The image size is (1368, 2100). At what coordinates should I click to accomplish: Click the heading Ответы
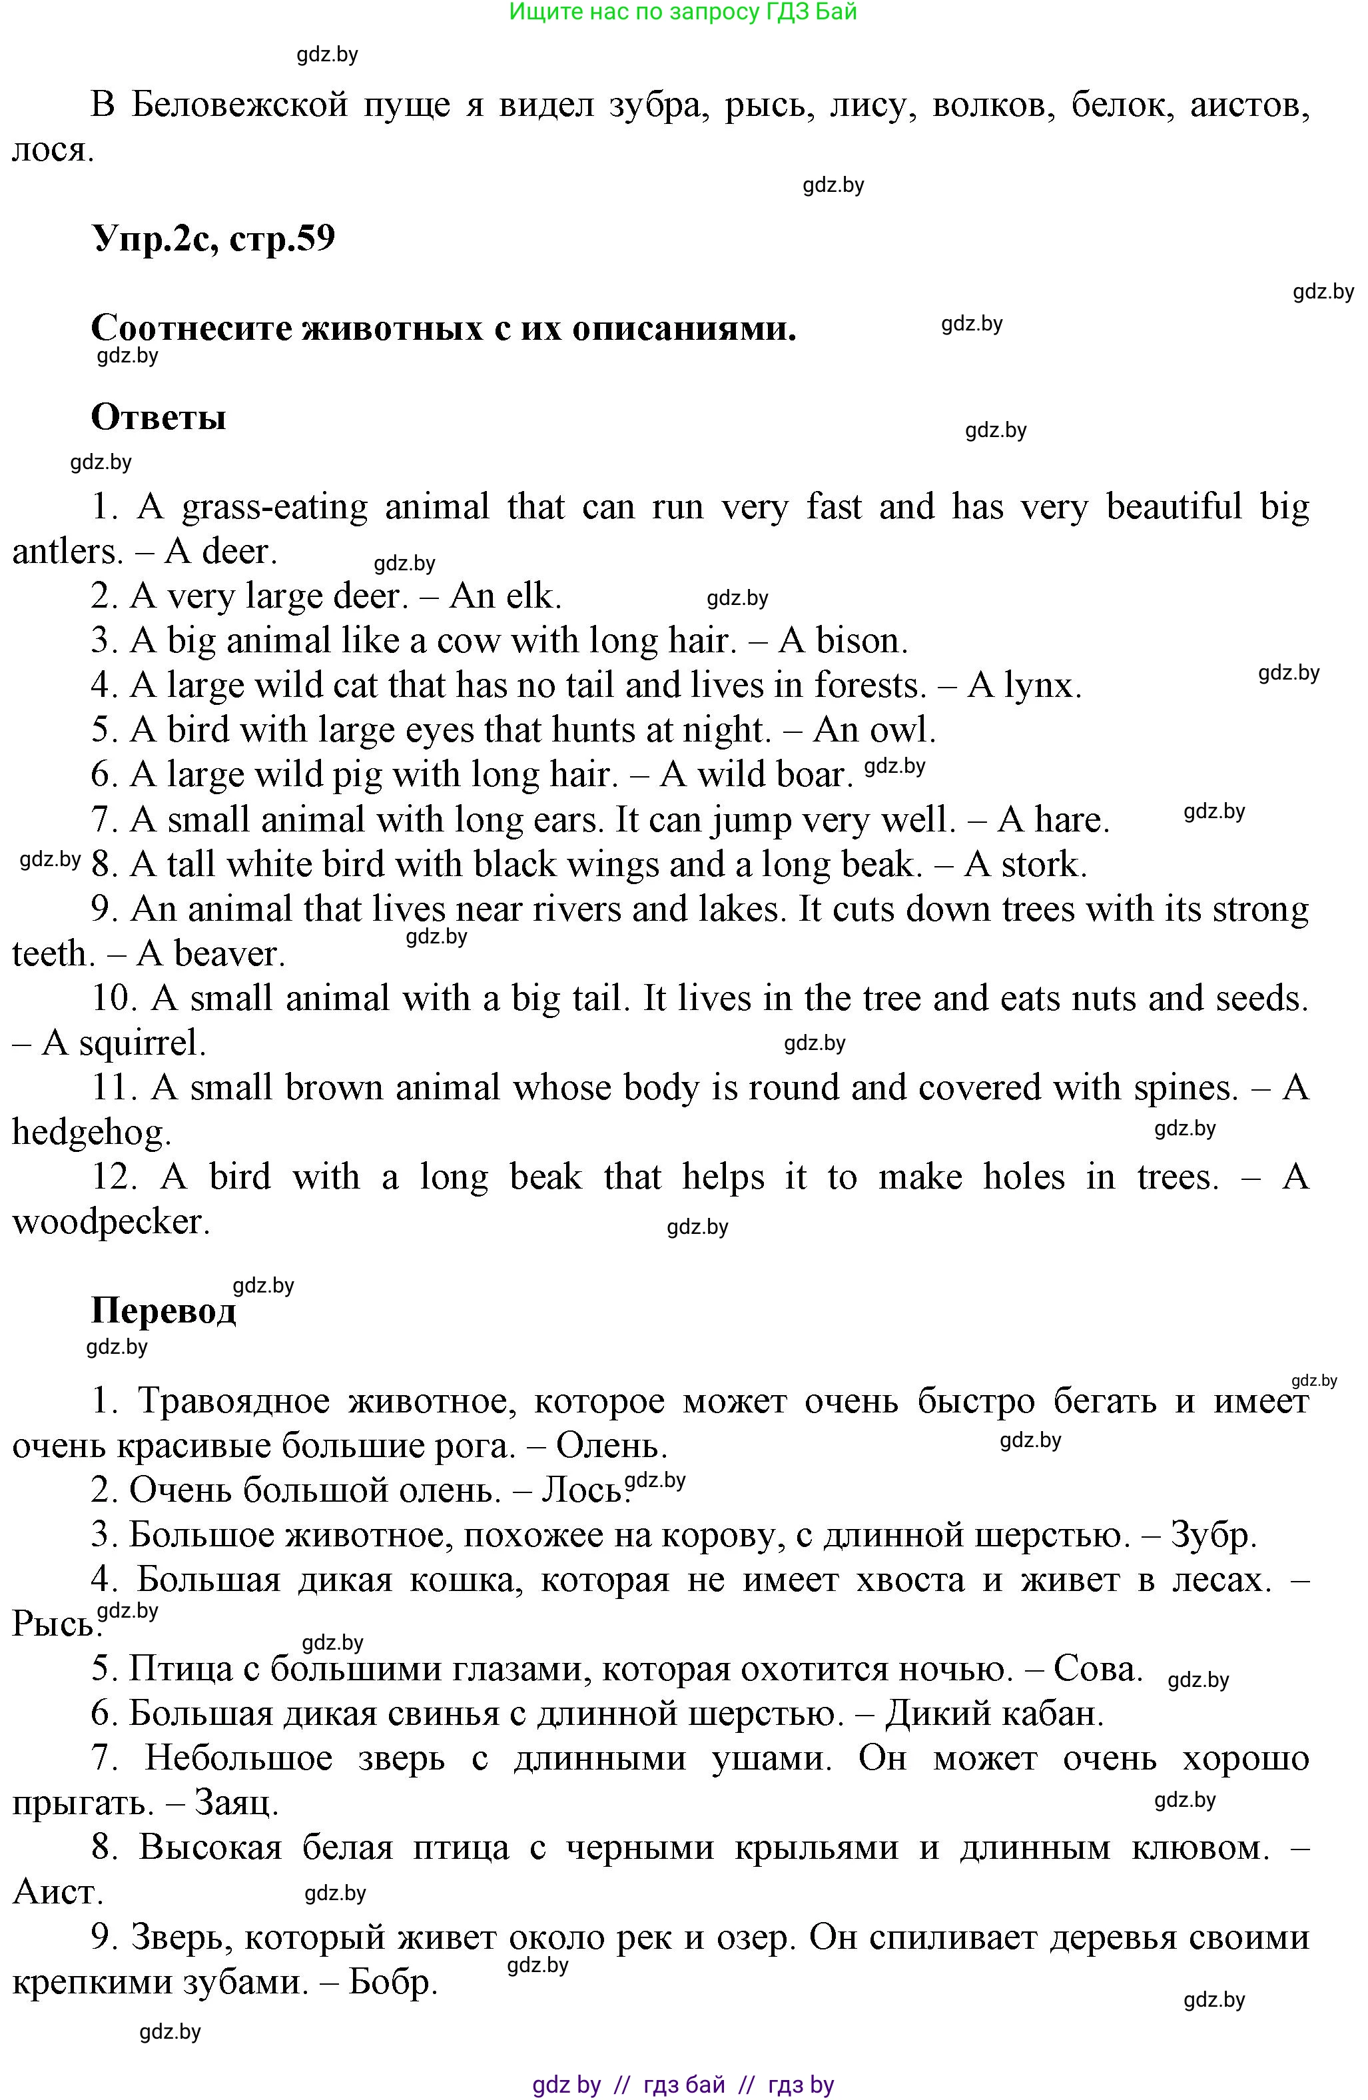point(158,416)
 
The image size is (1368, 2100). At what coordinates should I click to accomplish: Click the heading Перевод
point(163,1311)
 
